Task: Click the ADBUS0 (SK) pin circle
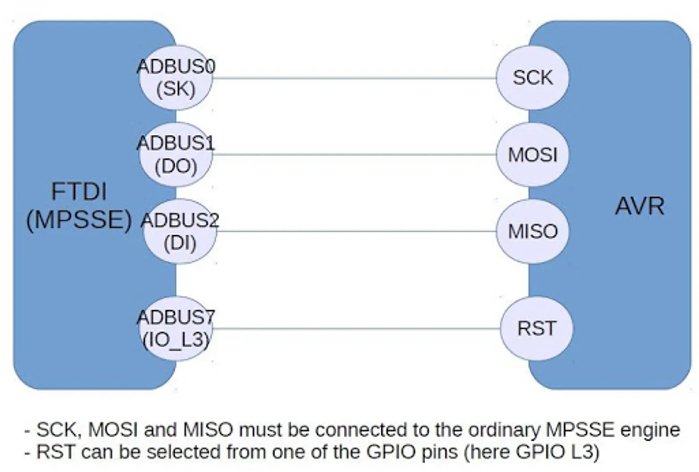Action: point(176,78)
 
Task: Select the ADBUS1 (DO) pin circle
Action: point(176,155)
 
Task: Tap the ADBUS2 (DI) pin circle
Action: point(179,231)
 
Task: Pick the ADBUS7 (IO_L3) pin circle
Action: point(176,329)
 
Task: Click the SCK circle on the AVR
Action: point(533,78)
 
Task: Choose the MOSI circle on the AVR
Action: point(533,155)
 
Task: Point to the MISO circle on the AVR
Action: point(533,231)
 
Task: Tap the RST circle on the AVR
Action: point(536,329)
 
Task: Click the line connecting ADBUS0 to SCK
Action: point(354,78)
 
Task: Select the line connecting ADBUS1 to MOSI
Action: point(354,155)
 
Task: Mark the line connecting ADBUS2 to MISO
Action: point(354,231)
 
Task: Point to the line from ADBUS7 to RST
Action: point(354,329)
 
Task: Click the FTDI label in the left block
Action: point(79,191)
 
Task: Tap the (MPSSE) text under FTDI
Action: point(79,220)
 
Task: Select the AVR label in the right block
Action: point(639,206)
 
